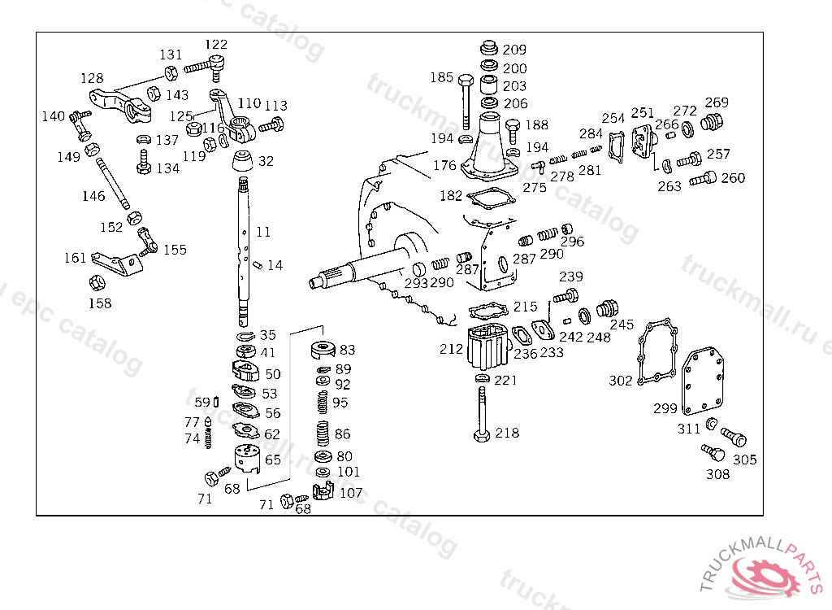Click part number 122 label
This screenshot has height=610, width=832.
pyautogui.click(x=216, y=45)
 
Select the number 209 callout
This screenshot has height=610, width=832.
pyautogui.click(x=514, y=50)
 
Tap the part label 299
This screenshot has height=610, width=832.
pyautogui.click(x=665, y=408)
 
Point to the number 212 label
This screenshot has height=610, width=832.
pyautogui.click(x=452, y=350)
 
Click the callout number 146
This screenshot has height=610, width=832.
pyautogui.click(x=93, y=196)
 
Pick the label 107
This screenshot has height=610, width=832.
pyautogui.click(x=351, y=493)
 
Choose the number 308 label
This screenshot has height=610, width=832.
pyautogui.click(x=717, y=474)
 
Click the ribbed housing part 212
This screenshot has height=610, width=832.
pyautogui.click(x=488, y=348)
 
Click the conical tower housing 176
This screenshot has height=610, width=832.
pyautogui.click(x=489, y=146)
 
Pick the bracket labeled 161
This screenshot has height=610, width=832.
pyautogui.click(x=112, y=262)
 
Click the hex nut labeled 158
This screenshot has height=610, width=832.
pyautogui.click(x=96, y=283)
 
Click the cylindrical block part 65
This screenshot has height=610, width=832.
pyautogui.click(x=248, y=460)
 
